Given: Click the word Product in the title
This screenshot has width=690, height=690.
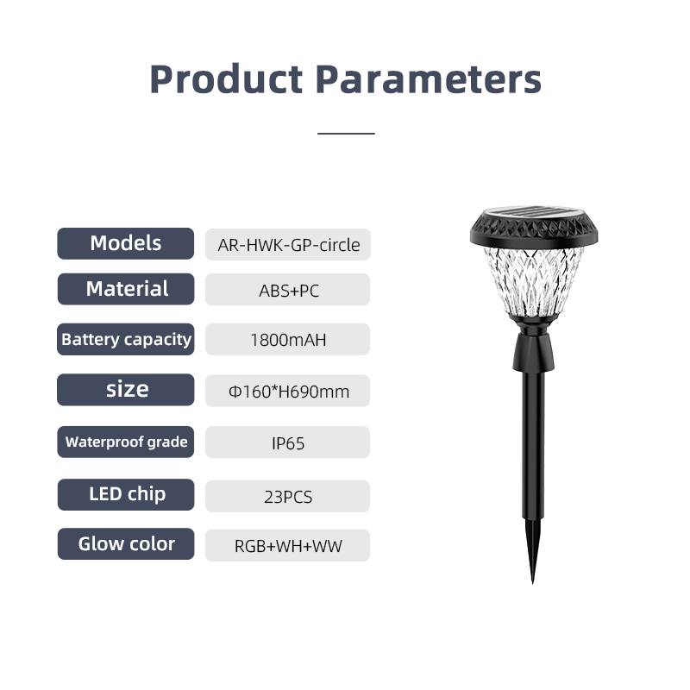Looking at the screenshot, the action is pos(226,79).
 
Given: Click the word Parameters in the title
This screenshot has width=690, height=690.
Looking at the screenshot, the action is pos(429,79).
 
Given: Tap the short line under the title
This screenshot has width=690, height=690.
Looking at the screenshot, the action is pos(346,133).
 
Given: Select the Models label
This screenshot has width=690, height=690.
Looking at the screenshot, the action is pos(125,243).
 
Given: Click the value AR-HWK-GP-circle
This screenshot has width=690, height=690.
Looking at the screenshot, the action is pos(288,245).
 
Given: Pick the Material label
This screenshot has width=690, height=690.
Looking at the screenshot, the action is pos(126,289).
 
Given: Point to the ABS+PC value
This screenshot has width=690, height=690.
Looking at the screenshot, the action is pos(288,290).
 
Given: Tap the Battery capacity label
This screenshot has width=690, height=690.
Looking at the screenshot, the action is pos(126,339).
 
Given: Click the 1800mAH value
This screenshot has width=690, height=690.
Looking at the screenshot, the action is pos(288,340).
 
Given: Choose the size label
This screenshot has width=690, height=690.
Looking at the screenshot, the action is pos(126,390).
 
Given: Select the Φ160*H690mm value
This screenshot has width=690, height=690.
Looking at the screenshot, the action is pos(288,392).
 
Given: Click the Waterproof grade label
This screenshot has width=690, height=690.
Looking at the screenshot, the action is pos(126,442).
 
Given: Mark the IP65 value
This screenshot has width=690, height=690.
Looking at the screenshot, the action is pos(288,442).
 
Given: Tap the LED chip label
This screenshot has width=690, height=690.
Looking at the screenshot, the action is pos(126,494).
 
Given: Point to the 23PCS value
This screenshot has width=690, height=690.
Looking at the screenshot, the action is pos(288,497).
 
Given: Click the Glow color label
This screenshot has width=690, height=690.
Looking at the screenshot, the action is pos(126,544).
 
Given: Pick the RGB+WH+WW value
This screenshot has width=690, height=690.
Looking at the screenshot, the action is pos(288,546).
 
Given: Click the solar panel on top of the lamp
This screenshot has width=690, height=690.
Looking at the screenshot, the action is pos(533,212).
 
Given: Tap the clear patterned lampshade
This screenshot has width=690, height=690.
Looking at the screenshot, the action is pos(533,282).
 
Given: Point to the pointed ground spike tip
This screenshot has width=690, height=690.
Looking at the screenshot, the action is pos(532,583).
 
